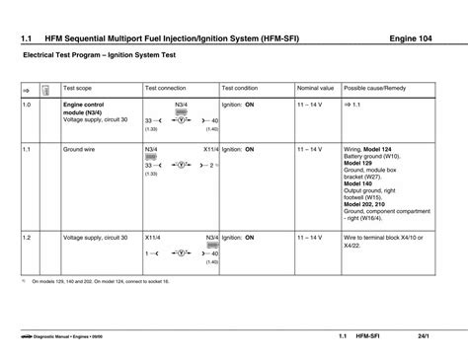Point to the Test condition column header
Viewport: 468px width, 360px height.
pos(240,87)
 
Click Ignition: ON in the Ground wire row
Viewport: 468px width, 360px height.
pos(238,150)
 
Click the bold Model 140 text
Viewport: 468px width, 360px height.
pos(359,184)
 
